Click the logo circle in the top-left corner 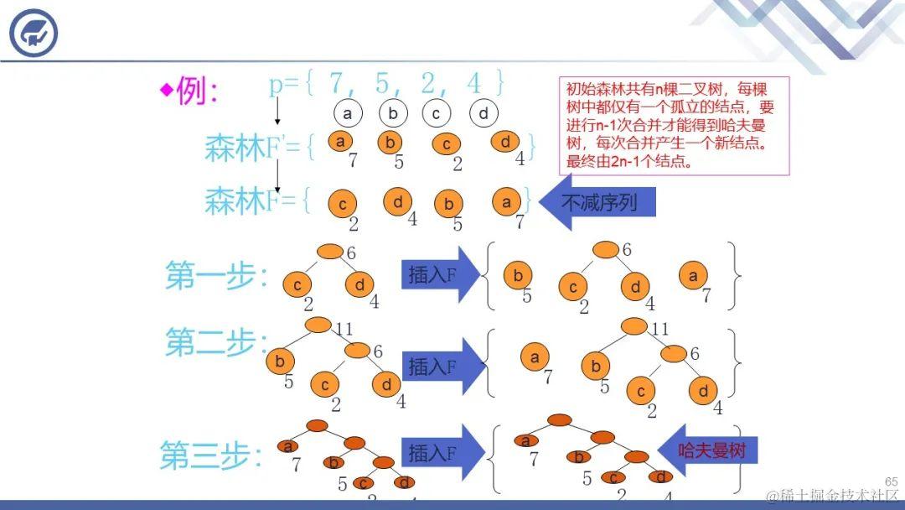click(34, 33)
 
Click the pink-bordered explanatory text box click(675, 126)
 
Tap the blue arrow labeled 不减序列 click(597, 203)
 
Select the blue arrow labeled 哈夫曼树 click(708, 451)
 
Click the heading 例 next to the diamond click(197, 91)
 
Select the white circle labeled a click(346, 113)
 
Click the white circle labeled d click(484, 113)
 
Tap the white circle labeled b click(392, 113)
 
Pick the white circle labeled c click(437, 113)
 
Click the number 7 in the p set click(337, 83)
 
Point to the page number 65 click(891, 481)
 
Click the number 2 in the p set click(428, 83)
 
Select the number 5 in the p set click(382, 83)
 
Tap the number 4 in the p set click(474, 83)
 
